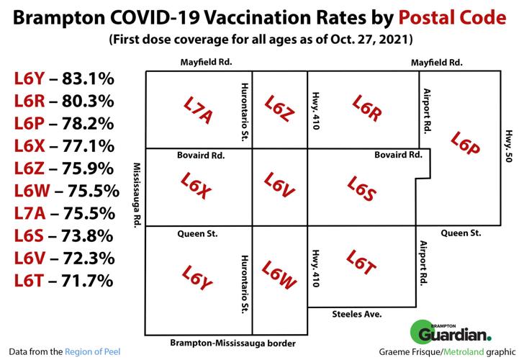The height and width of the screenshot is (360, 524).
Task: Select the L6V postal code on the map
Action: (x=279, y=186)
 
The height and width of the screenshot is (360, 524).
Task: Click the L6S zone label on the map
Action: (x=362, y=189)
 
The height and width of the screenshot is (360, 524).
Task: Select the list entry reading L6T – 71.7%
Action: (x=62, y=280)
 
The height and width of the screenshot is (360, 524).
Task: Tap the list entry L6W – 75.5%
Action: (x=65, y=191)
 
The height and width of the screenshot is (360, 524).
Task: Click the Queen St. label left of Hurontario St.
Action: (x=197, y=233)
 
